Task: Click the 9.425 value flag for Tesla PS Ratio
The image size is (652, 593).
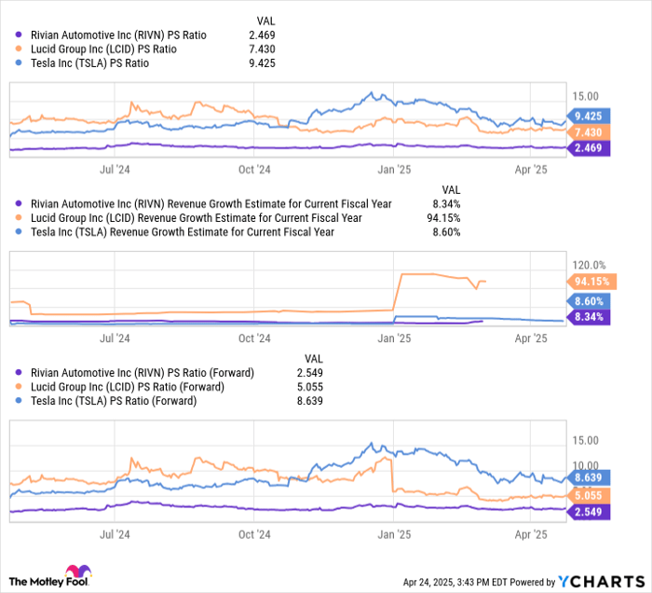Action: [x=591, y=117]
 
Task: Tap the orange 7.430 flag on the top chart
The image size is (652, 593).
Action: [x=591, y=132]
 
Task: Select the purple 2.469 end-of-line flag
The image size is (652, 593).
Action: [x=591, y=148]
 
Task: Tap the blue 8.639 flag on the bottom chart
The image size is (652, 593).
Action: [x=591, y=477]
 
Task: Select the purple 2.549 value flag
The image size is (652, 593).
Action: [x=591, y=512]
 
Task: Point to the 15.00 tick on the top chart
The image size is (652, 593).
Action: [x=586, y=95]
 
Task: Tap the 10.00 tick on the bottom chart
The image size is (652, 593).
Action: [x=586, y=464]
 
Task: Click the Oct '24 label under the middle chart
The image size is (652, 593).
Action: [x=253, y=340]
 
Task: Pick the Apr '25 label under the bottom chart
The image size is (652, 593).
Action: [x=531, y=535]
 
